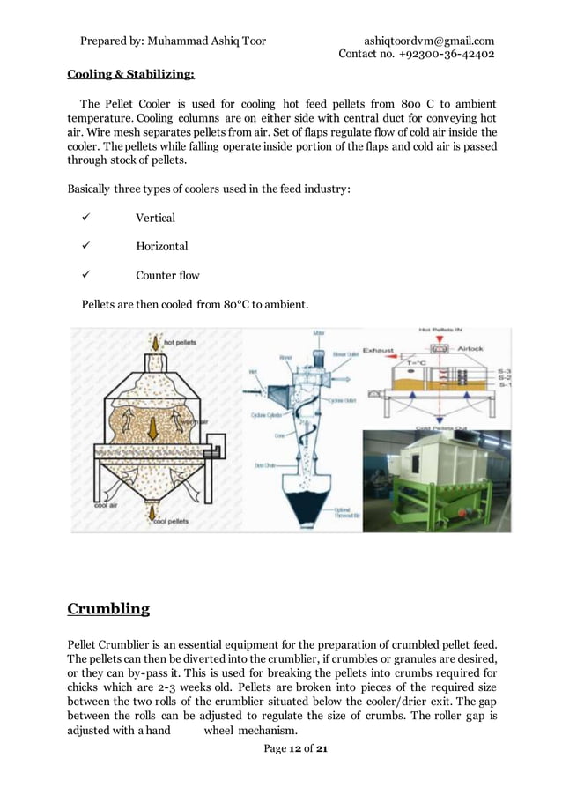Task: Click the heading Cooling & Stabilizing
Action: click(x=131, y=73)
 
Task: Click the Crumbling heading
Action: click(x=108, y=608)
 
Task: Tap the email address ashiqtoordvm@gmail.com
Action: click(x=429, y=41)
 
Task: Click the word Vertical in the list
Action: click(x=155, y=218)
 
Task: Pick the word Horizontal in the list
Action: click(x=161, y=247)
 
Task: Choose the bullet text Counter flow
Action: click(x=167, y=275)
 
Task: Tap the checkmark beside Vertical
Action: click(x=86, y=218)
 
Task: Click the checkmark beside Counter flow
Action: click(x=86, y=275)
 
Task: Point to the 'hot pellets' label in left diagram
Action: click(x=180, y=341)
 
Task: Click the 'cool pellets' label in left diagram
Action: click(x=172, y=522)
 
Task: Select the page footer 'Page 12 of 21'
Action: click(x=295, y=749)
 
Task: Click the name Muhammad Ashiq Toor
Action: click(x=207, y=41)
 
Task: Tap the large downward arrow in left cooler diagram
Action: click(x=152, y=427)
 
